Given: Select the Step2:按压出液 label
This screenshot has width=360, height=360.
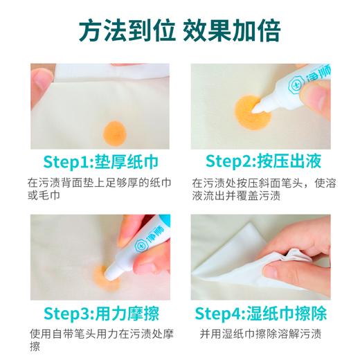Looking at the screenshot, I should tap(262, 163).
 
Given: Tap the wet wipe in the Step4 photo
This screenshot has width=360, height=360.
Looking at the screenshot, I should tap(228, 267).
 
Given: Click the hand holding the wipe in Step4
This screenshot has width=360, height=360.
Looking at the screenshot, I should tap(305, 253).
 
